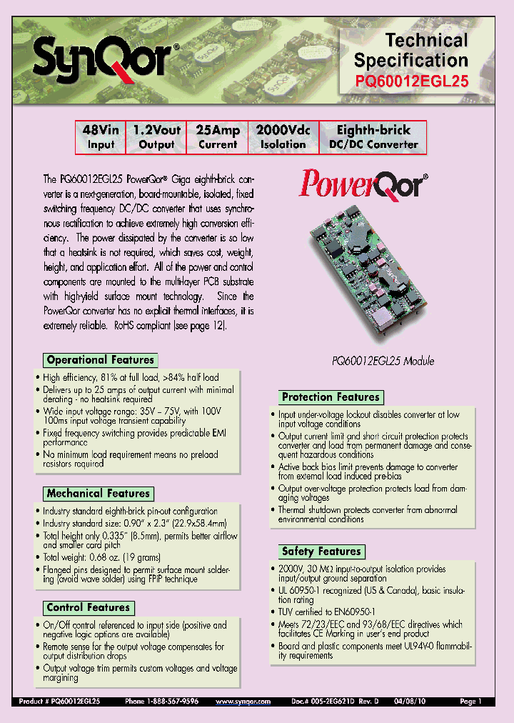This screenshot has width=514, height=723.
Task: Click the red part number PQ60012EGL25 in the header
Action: tap(412, 81)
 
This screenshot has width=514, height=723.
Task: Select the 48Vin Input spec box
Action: tap(101, 137)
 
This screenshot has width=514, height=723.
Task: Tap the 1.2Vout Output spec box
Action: tap(156, 137)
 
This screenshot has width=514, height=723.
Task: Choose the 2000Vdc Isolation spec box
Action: tap(283, 137)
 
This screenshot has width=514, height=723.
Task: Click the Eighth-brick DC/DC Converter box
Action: tap(373, 137)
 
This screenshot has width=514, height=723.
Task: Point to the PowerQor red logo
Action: tap(364, 184)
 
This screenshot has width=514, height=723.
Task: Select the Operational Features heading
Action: tap(100, 360)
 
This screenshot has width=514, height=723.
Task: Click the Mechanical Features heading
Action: tap(99, 494)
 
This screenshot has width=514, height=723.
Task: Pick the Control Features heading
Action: tap(89, 608)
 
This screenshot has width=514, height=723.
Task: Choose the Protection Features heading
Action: tap(331, 397)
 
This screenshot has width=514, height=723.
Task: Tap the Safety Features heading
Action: tap(321, 552)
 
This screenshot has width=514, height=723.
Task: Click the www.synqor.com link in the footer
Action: tap(243, 702)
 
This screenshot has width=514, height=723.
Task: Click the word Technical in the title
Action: tap(427, 40)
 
